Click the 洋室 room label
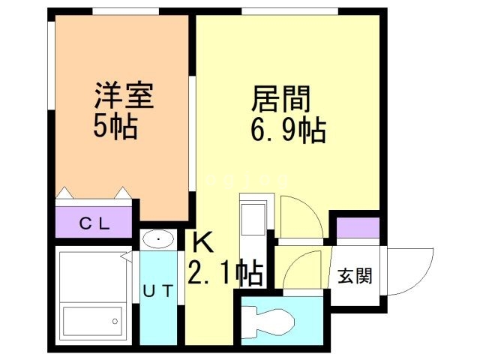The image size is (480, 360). coord(124,97)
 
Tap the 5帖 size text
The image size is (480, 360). coord(115,127)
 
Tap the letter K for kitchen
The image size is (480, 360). coord(202,243)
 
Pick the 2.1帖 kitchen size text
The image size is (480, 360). coord(225,274)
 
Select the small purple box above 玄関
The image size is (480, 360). coord(352,227)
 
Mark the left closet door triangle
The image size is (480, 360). coord(64,193)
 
